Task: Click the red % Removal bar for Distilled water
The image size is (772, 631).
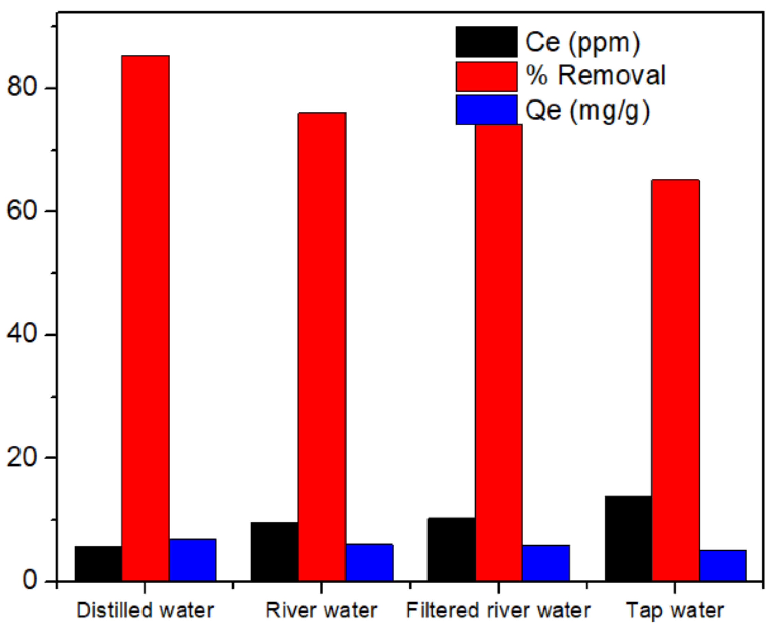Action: (145, 316)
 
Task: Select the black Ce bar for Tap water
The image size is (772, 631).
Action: (628, 538)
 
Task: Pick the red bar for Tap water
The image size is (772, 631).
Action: (675, 380)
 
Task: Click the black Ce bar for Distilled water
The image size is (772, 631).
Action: (98, 563)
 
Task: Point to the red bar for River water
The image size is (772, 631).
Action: (322, 345)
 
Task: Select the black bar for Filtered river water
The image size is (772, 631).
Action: (451, 549)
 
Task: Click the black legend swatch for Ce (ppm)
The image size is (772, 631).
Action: (486, 41)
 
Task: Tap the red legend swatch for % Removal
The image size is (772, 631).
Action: (486, 76)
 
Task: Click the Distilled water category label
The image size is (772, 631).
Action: (145, 610)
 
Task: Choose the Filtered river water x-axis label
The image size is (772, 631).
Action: (498, 610)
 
